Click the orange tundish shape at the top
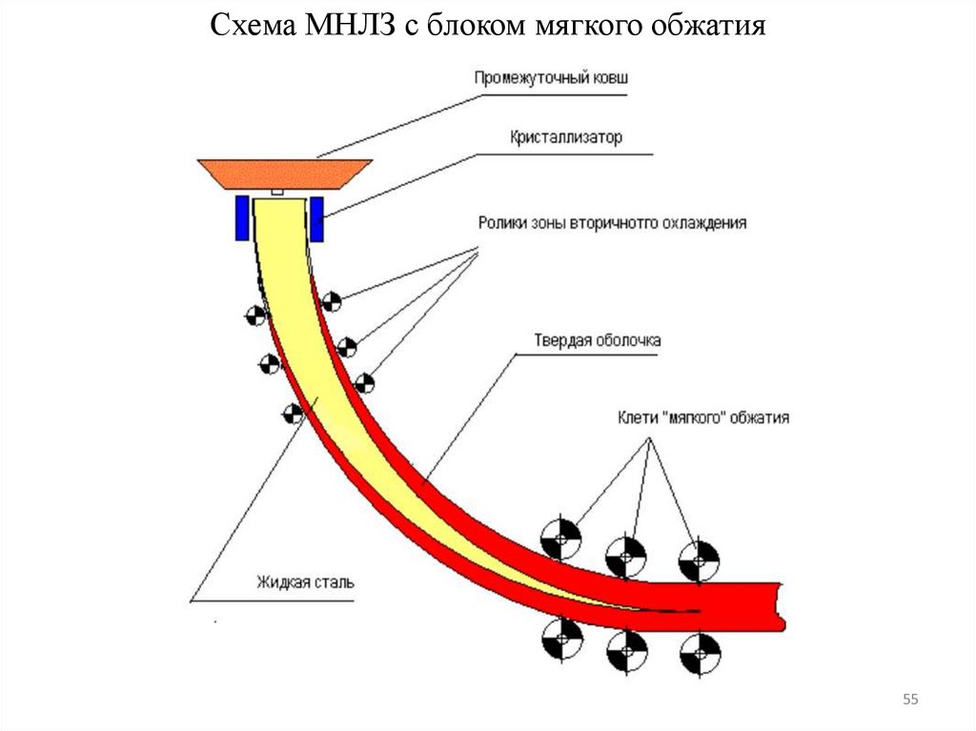[285, 173]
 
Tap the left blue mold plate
[242, 218]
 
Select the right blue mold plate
[315, 218]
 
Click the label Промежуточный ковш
[551, 77]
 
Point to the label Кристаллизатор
[564, 137]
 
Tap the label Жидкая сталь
[305, 581]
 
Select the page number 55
[910, 701]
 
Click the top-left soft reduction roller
[560, 538]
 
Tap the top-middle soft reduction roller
[625, 552]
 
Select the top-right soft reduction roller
[699, 558]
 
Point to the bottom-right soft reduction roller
[700, 653]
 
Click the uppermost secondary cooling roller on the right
[331, 302]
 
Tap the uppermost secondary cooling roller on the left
[254, 315]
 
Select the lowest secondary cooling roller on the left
[293, 413]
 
